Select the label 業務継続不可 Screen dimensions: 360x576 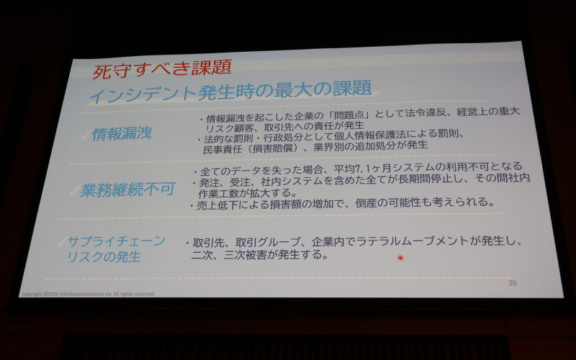127,190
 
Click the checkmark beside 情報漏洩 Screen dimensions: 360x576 84,134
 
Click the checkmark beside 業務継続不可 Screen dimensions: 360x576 71,191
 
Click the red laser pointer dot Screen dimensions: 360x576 400,257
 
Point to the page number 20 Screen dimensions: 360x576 512,282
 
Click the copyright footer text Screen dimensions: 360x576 87,294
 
